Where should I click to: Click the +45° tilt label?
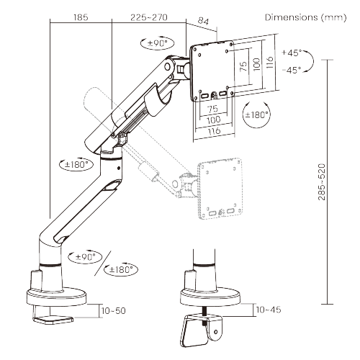[x=292, y=53]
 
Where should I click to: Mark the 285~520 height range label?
[x=341, y=184]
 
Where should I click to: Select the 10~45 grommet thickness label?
[x=267, y=310]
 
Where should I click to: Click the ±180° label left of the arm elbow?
[x=75, y=164]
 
